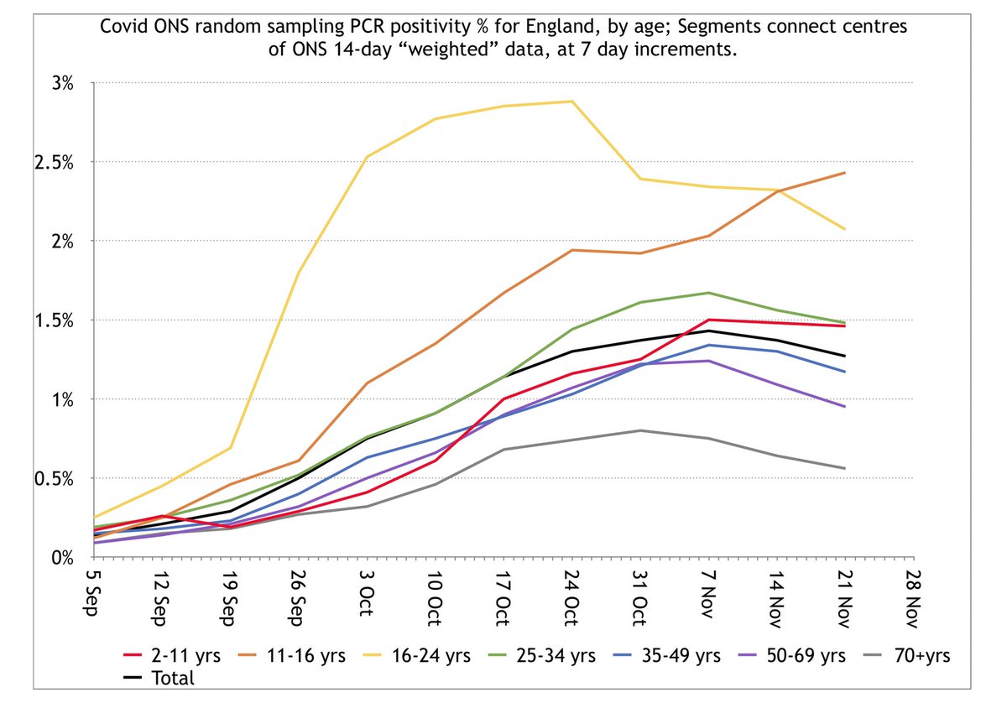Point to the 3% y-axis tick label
[x=62, y=83]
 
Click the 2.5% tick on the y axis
[x=55, y=162]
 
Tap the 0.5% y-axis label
[x=55, y=478]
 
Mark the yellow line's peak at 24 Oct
[x=571, y=102]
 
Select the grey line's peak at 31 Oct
[x=639, y=430]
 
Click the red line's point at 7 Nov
[x=708, y=320]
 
